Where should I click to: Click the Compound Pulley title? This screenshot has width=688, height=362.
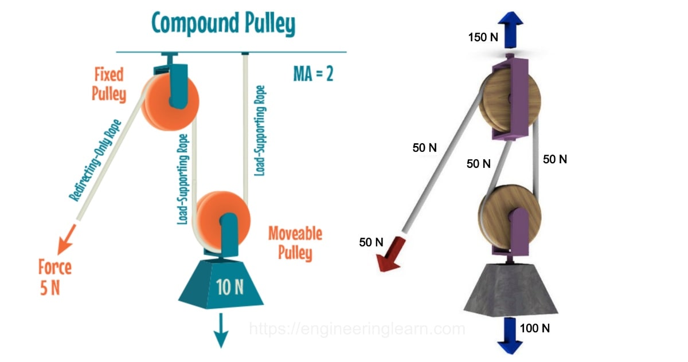(224, 24)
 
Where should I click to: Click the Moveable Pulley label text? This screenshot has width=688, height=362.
(295, 243)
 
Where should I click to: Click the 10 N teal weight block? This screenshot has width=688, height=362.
(221, 285)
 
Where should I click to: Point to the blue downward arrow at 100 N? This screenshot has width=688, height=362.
(508, 336)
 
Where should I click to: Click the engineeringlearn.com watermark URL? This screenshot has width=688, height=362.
(357, 329)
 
